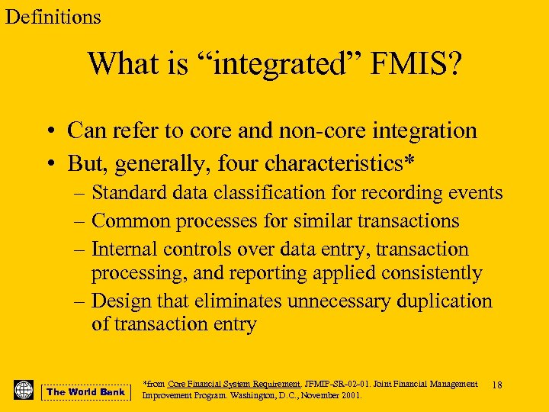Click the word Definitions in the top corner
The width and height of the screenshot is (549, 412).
click(x=53, y=17)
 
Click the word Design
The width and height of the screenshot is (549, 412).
click(x=123, y=301)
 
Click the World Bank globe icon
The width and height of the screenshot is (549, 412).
click(x=24, y=390)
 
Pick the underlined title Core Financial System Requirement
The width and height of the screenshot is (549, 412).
click(x=233, y=384)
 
